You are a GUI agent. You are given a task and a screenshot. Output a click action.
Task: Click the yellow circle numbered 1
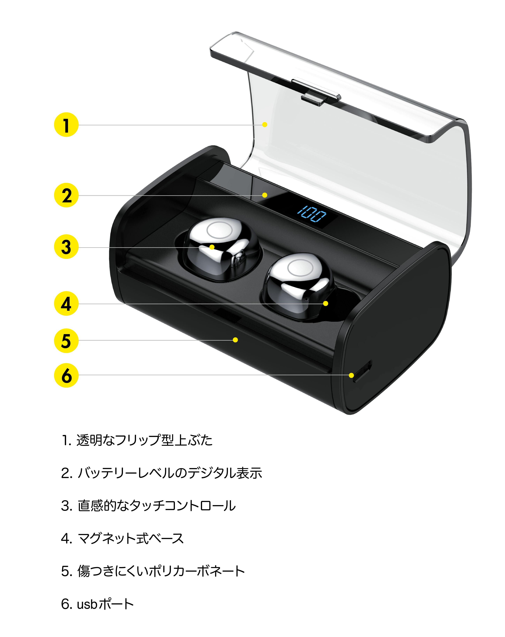(66, 125)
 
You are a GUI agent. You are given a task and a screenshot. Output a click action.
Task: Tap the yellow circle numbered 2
(66, 195)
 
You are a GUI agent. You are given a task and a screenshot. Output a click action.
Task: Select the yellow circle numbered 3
(66, 247)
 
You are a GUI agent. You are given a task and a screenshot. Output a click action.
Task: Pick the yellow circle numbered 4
(66, 303)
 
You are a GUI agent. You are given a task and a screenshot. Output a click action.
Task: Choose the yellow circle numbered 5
(66, 340)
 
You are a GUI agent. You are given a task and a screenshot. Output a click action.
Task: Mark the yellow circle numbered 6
(66, 375)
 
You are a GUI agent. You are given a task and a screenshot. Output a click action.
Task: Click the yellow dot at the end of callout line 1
(265, 125)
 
